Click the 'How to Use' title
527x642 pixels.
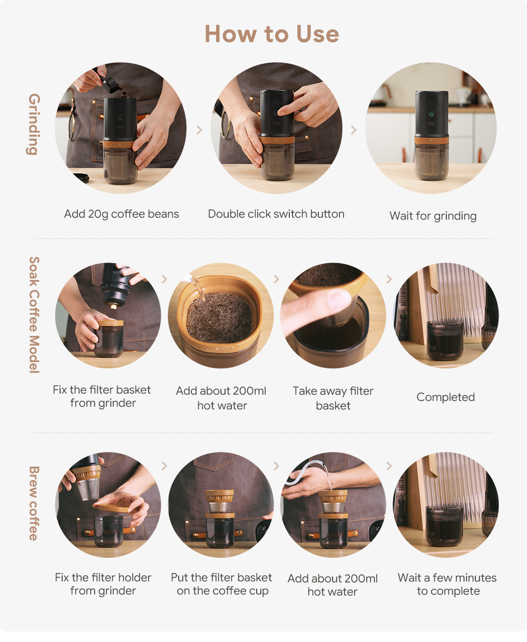pos(271,34)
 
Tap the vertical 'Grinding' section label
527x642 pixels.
pos(34,124)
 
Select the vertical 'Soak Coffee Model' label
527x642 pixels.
pos(34,315)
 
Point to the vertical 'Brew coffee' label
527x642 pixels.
pos(34,503)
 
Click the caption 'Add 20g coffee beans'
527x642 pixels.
pos(121,214)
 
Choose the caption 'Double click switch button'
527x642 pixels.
pos(276,214)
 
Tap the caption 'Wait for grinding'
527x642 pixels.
pos(433,216)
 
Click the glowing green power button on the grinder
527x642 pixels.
pos(431,114)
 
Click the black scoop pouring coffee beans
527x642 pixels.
pos(109,84)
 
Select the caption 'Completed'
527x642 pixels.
pos(446,397)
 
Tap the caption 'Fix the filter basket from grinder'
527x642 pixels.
pos(102,396)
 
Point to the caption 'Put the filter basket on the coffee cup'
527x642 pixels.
pos(221,584)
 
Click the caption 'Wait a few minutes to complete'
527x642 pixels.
pos(447,584)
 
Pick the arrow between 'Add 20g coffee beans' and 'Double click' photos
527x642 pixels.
pos(199,130)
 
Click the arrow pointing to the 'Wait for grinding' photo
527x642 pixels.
pos(354,130)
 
